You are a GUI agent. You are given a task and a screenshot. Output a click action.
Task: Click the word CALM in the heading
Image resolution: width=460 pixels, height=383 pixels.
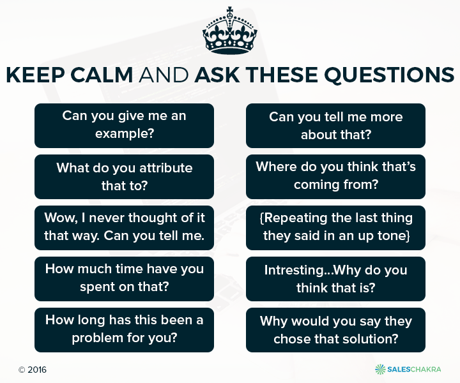point(102,75)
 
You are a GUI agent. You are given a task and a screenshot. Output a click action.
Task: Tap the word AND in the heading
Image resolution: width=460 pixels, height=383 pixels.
point(164,75)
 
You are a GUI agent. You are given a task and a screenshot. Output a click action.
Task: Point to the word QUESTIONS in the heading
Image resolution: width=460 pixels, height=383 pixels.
point(389,75)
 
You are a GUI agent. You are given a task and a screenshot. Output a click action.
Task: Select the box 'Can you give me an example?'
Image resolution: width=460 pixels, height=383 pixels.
point(124,125)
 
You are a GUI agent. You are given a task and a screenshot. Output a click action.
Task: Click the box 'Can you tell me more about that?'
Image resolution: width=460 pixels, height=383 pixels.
point(335,125)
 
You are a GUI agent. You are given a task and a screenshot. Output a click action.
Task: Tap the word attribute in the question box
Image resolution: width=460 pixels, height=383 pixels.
point(165,168)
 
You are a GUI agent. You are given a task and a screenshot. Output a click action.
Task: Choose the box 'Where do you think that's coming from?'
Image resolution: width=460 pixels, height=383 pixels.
point(335,177)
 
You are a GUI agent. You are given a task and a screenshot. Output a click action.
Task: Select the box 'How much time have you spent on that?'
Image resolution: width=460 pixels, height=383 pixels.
point(124,279)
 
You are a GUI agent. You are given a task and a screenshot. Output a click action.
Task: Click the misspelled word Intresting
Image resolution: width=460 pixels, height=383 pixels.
point(294,270)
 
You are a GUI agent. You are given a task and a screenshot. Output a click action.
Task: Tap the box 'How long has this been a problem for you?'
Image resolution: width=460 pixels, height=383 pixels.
point(124,329)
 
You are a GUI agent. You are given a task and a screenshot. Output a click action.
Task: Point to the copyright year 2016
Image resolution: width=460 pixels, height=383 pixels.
point(37,370)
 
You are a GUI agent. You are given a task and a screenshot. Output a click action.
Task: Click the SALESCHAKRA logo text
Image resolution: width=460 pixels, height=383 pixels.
point(414,369)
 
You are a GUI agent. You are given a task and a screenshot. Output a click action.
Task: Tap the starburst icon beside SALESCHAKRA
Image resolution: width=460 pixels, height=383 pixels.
point(381,369)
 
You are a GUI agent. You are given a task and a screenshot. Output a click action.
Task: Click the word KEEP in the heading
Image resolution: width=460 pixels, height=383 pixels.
point(35,75)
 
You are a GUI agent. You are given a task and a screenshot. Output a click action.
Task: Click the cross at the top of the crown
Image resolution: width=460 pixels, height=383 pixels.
point(230,11)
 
